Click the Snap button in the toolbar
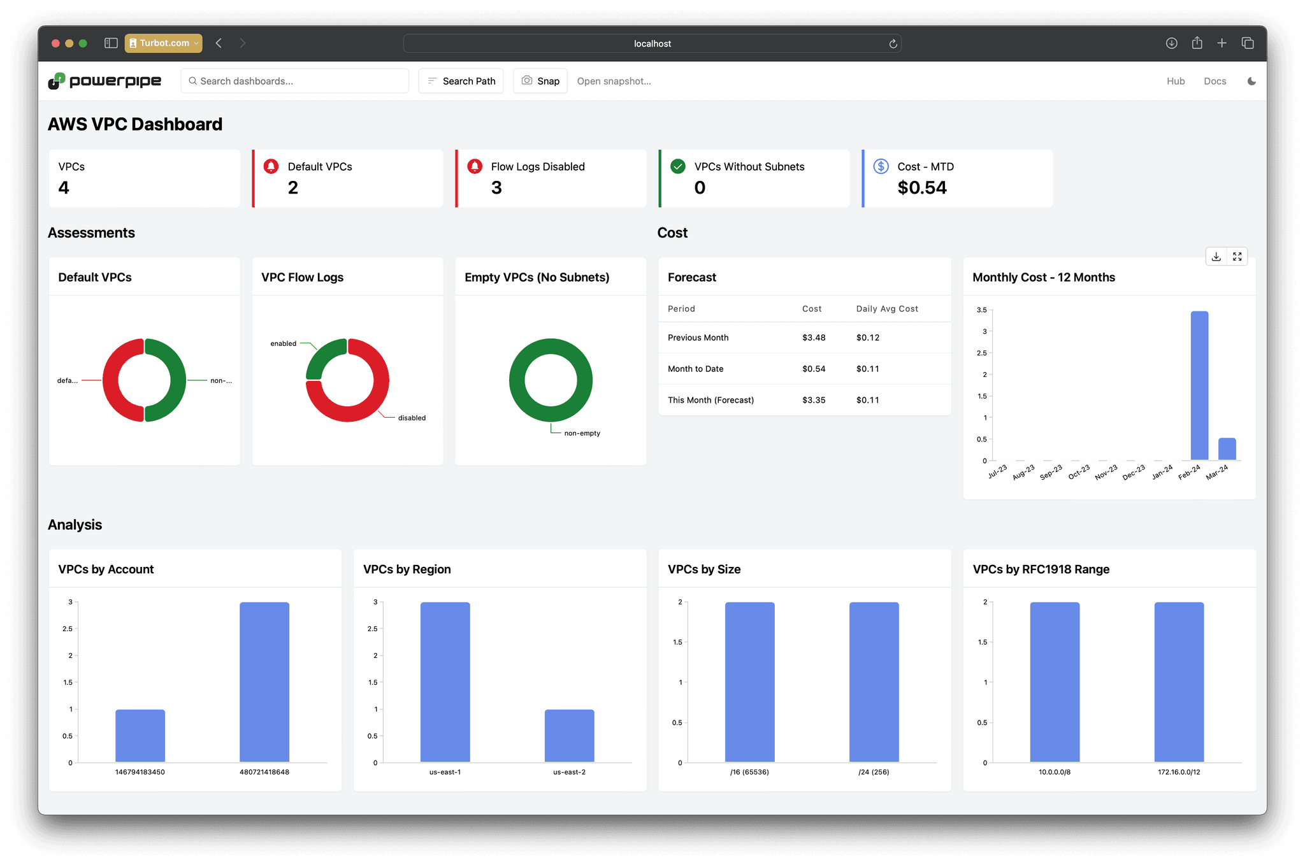coord(540,81)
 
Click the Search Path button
coord(461,81)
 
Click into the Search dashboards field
coord(295,81)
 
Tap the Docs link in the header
coord(1215,81)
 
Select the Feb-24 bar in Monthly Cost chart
coord(1199,385)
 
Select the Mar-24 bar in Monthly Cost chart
coord(1227,449)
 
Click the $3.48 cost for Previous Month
coord(814,338)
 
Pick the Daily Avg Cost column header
coord(887,309)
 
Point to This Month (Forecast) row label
coord(710,400)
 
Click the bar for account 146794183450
coord(140,736)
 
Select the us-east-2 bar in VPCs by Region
coord(569,736)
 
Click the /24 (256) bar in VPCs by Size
coord(874,682)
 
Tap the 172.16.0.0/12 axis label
coord(1179,772)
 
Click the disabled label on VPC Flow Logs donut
coord(412,418)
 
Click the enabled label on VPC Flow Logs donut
coord(283,343)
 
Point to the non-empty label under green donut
coord(582,433)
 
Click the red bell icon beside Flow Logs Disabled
coord(475,166)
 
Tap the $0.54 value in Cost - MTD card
coord(922,188)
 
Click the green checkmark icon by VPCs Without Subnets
coord(678,166)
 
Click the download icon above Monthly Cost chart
coord(1216,256)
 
